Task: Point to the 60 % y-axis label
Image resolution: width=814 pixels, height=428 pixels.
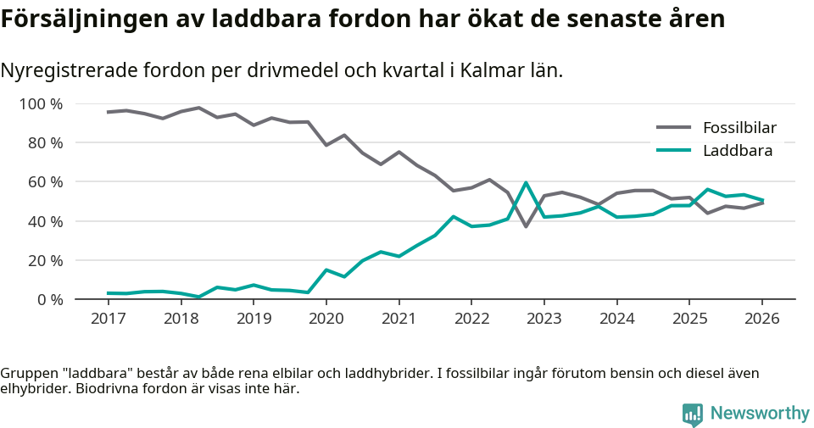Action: pyautogui.click(x=44, y=182)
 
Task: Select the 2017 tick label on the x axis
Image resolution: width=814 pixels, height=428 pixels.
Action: pyautogui.click(x=109, y=319)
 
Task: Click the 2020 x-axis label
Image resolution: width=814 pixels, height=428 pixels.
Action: pyautogui.click(x=326, y=319)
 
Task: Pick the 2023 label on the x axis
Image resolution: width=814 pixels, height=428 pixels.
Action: pyautogui.click(x=544, y=319)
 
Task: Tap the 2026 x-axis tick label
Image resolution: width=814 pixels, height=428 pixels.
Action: pyautogui.click(x=761, y=319)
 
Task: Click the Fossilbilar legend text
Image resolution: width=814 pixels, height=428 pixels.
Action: pyautogui.click(x=739, y=128)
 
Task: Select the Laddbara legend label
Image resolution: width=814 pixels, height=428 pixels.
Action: pyautogui.click(x=737, y=151)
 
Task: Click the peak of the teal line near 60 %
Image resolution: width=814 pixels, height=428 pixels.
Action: pyautogui.click(x=526, y=182)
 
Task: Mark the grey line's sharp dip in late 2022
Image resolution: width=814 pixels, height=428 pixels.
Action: pyautogui.click(x=526, y=226)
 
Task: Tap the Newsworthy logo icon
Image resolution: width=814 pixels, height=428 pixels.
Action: pyautogui.click(x=692, y=414)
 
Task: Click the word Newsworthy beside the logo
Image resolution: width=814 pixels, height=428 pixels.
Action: pyautogui.click(x=760, y=414)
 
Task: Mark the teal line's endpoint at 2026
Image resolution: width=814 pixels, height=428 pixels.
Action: pyautogui.click(x=762, y=201)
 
